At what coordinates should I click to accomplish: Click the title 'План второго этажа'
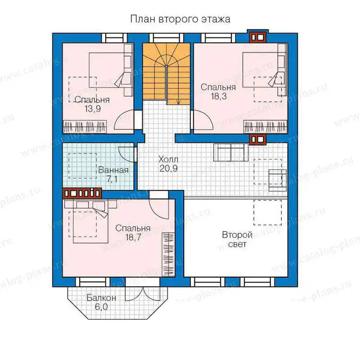point(180,19)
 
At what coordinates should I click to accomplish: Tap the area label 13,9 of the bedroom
point(93,108)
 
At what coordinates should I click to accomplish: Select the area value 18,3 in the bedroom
point(219,96)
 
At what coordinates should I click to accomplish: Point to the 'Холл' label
point(168,159)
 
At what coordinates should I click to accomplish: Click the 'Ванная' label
point(113,170)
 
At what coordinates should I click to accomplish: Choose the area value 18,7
point(133,237)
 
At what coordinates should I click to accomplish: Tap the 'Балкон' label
point(101,298)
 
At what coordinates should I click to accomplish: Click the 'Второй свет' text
point(237,239)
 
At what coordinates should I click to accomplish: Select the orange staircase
point(166,73)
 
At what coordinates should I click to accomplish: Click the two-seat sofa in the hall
point(231,152)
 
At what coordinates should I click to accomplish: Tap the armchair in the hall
point(278,180)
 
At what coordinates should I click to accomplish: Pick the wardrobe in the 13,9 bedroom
point(85,126)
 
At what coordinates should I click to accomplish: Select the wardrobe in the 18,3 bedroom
point(265,126)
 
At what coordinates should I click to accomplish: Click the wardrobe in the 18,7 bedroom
point(168,255)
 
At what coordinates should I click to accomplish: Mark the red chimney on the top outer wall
point(257,37)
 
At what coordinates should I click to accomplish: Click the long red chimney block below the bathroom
point(82,193)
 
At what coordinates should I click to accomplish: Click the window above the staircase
point(166,38)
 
